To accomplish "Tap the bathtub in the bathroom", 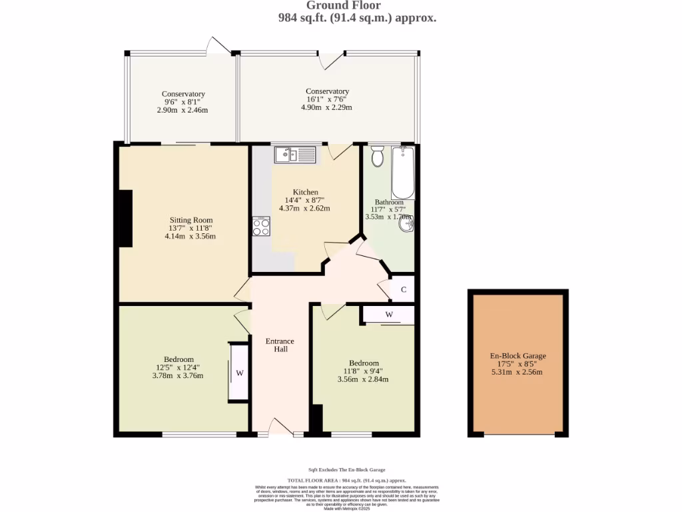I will pos(402,172).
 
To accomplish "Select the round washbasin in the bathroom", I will pos(406,225).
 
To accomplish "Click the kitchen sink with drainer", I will pos(294,155).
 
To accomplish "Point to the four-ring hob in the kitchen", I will pos(261,227).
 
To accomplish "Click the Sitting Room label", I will pos(191,220).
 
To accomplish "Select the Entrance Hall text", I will pos(280,345).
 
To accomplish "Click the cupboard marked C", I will pos(403,289).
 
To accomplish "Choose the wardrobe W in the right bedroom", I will pos(389,314).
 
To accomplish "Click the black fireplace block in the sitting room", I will pos(125,219).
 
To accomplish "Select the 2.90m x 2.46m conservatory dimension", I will pos(182,110).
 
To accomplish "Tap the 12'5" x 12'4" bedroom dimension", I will pos(179,367).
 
